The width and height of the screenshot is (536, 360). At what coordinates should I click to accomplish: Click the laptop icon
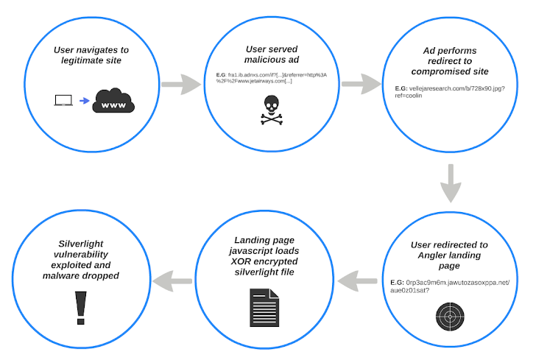[63, 101]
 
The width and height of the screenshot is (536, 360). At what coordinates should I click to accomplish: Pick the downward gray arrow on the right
[451, 183]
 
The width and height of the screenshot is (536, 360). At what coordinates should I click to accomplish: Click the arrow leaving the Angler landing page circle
[360, 279]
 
